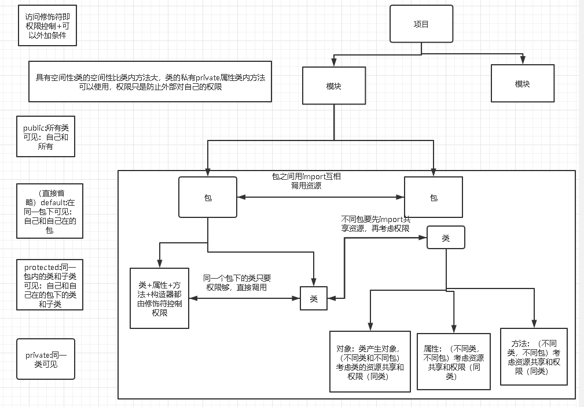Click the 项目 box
click(x=421, y=24)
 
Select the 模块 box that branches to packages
click(x=333, y=86)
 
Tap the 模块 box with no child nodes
click(x=522, y=84)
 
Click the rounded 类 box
click(x=445, y=238)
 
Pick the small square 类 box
click(x=314, y=298)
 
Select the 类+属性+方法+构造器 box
click(x=159, y=298)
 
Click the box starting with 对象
click(x=370, y=362)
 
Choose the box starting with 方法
click(x=534, y=357)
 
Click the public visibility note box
click(x=46, y=136)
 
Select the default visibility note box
click(x=50, y=211)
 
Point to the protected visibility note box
click(x=50, y=285)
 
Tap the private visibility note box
click(x=46, y=359)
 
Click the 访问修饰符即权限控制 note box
click(x=47, y=26)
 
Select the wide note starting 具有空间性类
click(x=150, y=82)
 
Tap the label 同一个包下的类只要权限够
click(x=237, y=283)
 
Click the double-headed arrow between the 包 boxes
click(x=320, y=197)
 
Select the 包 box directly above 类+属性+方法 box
click(x=208, y=198)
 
